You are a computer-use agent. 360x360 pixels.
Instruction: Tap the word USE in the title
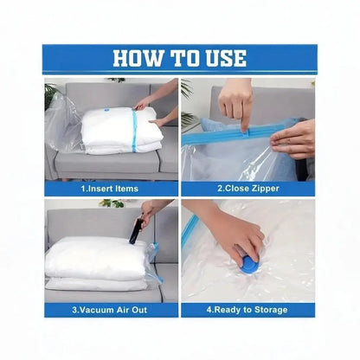point(224,58)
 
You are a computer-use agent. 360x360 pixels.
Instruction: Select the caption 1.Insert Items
point(111,188)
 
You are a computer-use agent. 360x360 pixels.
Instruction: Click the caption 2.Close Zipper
point(247,188)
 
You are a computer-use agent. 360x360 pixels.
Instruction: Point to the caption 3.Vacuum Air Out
point(111,308)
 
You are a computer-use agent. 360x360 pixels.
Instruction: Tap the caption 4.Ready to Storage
point(247,308)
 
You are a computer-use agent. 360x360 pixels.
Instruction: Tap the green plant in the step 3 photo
point(112,204)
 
